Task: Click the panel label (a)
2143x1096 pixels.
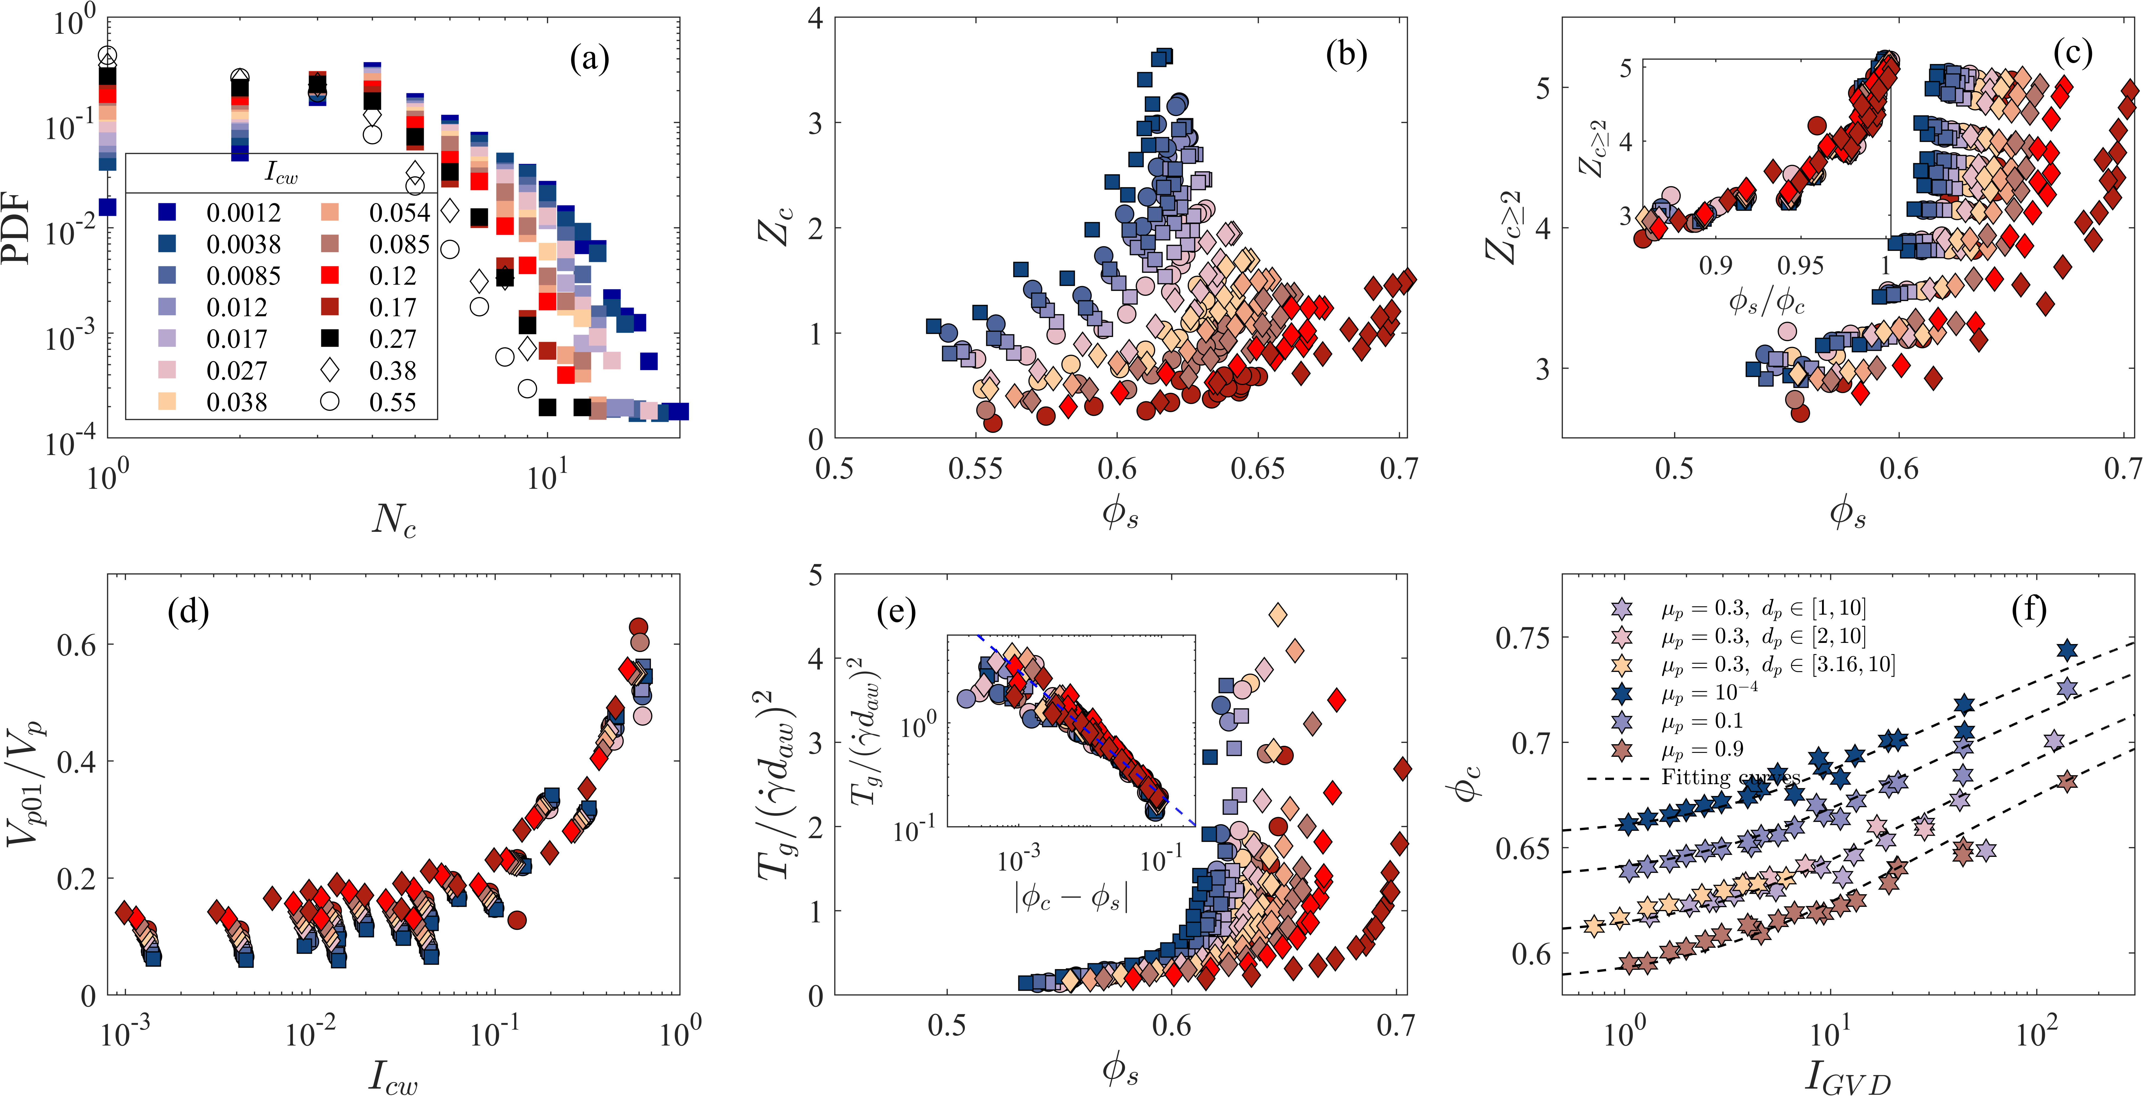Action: coord(589,60)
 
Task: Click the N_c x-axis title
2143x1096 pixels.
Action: coord(394,520)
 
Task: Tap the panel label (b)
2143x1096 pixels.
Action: coord(1346,55)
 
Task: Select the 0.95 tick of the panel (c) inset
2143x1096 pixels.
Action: coord(1800,266)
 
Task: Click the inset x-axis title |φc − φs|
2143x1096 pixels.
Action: coord(1071,897)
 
